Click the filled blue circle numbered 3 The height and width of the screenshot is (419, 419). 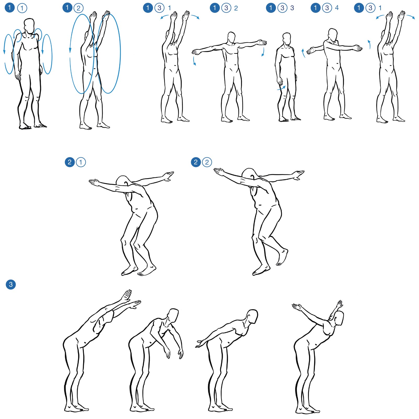[x=11, y=284]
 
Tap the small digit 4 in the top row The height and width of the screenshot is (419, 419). [x=337, y=8]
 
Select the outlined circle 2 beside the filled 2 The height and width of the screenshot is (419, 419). [x=207, y=162]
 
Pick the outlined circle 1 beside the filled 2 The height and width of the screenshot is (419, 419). [x=81, y=162]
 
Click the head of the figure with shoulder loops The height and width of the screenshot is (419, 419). [x=29, y=26]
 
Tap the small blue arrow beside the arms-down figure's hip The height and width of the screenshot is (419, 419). [x=281, y=88]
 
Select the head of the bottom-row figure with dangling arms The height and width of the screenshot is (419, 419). [x=173, y=315]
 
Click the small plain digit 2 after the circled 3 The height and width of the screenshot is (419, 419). [x=236, y=8]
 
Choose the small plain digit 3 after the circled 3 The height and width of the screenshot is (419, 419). [x=292, y=8]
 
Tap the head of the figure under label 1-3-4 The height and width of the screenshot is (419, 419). [x=332, y=35]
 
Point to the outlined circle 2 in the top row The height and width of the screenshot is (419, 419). [x=78, y=8]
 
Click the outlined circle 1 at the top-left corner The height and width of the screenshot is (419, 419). [x=22, y=8]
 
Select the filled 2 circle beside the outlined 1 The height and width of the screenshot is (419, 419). [x=70, y=162]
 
